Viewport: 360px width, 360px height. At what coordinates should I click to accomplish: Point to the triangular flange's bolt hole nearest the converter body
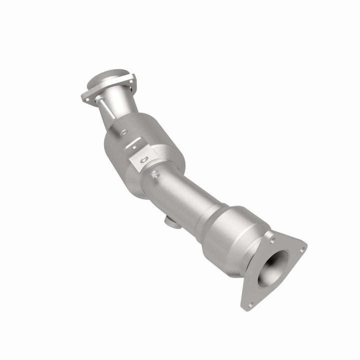272,239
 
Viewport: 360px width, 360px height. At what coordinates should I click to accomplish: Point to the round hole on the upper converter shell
123,132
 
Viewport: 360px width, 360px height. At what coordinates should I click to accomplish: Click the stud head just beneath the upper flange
97,101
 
